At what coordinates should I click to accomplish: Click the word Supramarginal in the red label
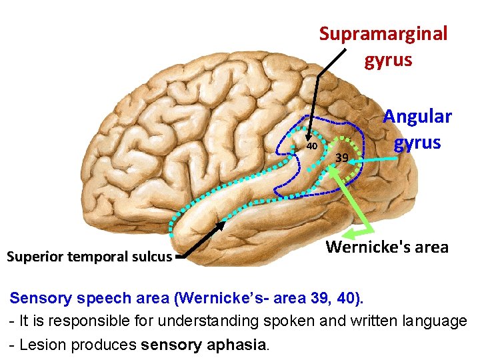(383, 34)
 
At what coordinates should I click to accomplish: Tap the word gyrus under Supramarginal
(388, 61)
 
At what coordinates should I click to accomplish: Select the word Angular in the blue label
(417, 117)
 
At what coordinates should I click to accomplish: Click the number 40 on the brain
(311, 145)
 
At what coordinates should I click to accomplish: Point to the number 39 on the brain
(341, 158)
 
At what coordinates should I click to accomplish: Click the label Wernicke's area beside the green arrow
(387, 247)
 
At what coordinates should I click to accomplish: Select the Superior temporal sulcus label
(89, 257)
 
